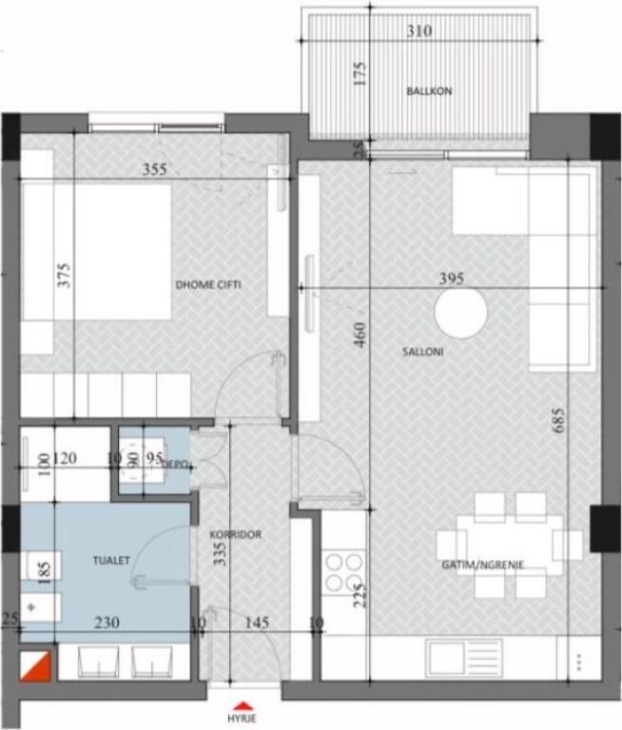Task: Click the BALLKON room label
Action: [429, 91]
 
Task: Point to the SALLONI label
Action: [425, 352]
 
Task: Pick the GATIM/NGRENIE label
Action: [482, 565]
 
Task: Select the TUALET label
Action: [112, 561]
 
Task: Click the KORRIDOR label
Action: [235, 535]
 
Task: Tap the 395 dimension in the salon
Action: [451, 279]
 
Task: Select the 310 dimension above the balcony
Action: [418, 31]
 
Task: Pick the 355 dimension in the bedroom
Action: [154, 170]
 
